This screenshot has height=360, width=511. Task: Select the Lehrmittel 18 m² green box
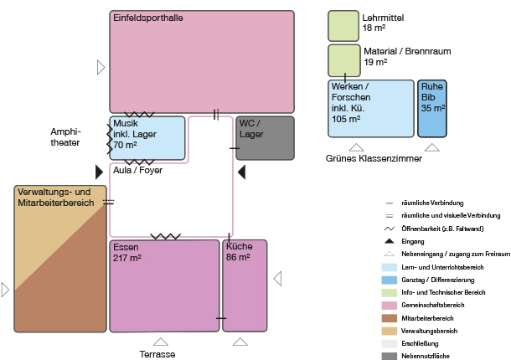343,25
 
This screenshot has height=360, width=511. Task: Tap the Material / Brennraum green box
343,59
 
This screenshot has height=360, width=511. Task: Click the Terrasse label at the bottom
157,355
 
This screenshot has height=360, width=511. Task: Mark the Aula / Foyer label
137,170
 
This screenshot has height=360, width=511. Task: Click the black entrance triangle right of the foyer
240,172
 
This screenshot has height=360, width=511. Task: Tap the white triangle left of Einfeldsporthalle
101,66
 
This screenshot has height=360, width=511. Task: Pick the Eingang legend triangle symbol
390,241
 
